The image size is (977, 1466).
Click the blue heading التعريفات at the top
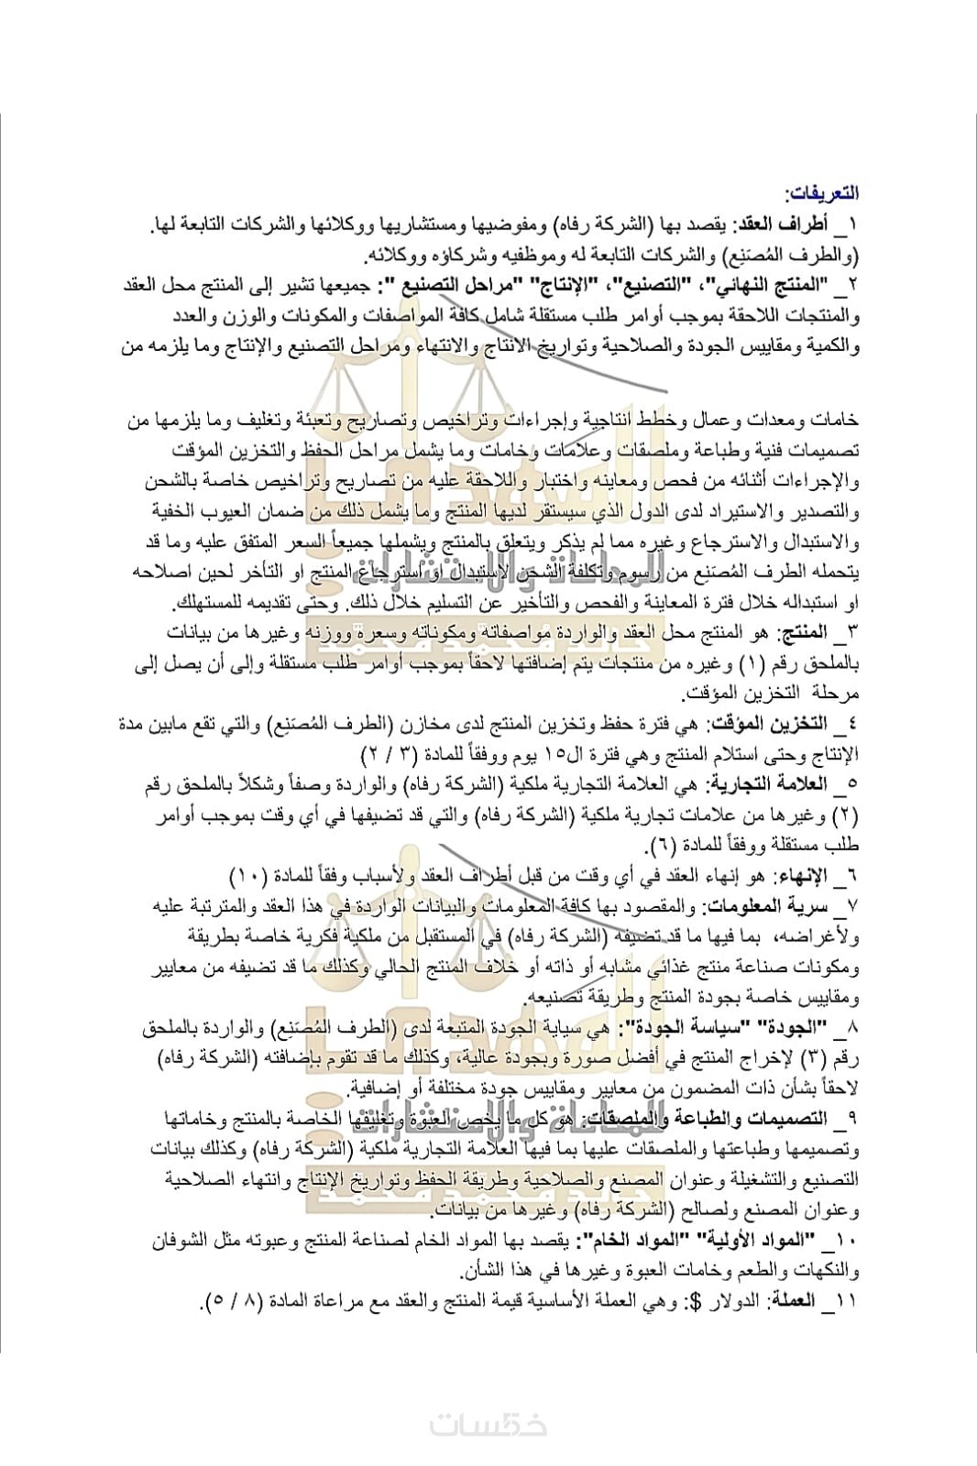[821, 193]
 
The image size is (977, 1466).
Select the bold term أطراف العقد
[787, 224]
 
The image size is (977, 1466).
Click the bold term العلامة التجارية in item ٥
[764, 784]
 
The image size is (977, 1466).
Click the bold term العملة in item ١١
[794, 1300]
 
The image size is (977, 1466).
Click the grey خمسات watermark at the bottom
[488, 1425]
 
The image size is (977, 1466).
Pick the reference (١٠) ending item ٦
[248, 876]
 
